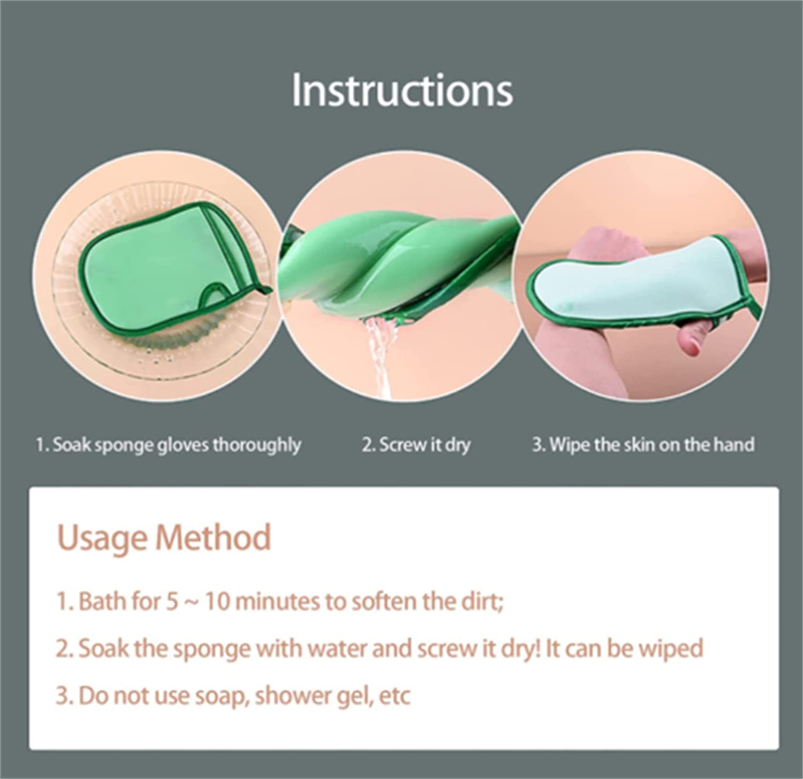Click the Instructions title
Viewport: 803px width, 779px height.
402,90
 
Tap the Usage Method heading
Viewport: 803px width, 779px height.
164,538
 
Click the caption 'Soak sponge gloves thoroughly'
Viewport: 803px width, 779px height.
168,445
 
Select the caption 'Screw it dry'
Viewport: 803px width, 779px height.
416,445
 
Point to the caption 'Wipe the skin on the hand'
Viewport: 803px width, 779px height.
643,444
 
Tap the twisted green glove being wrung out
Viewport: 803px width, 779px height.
396,262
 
